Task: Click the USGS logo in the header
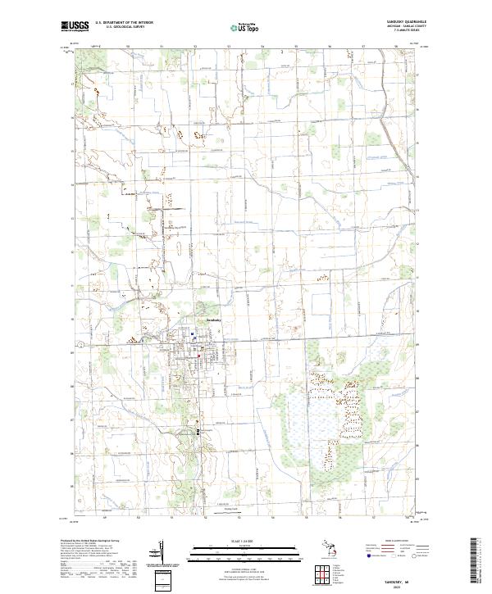point(75,27)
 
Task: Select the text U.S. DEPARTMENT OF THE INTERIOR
point(124,24)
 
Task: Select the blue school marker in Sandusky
point(192,334)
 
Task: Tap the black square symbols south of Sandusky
point(198,430)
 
